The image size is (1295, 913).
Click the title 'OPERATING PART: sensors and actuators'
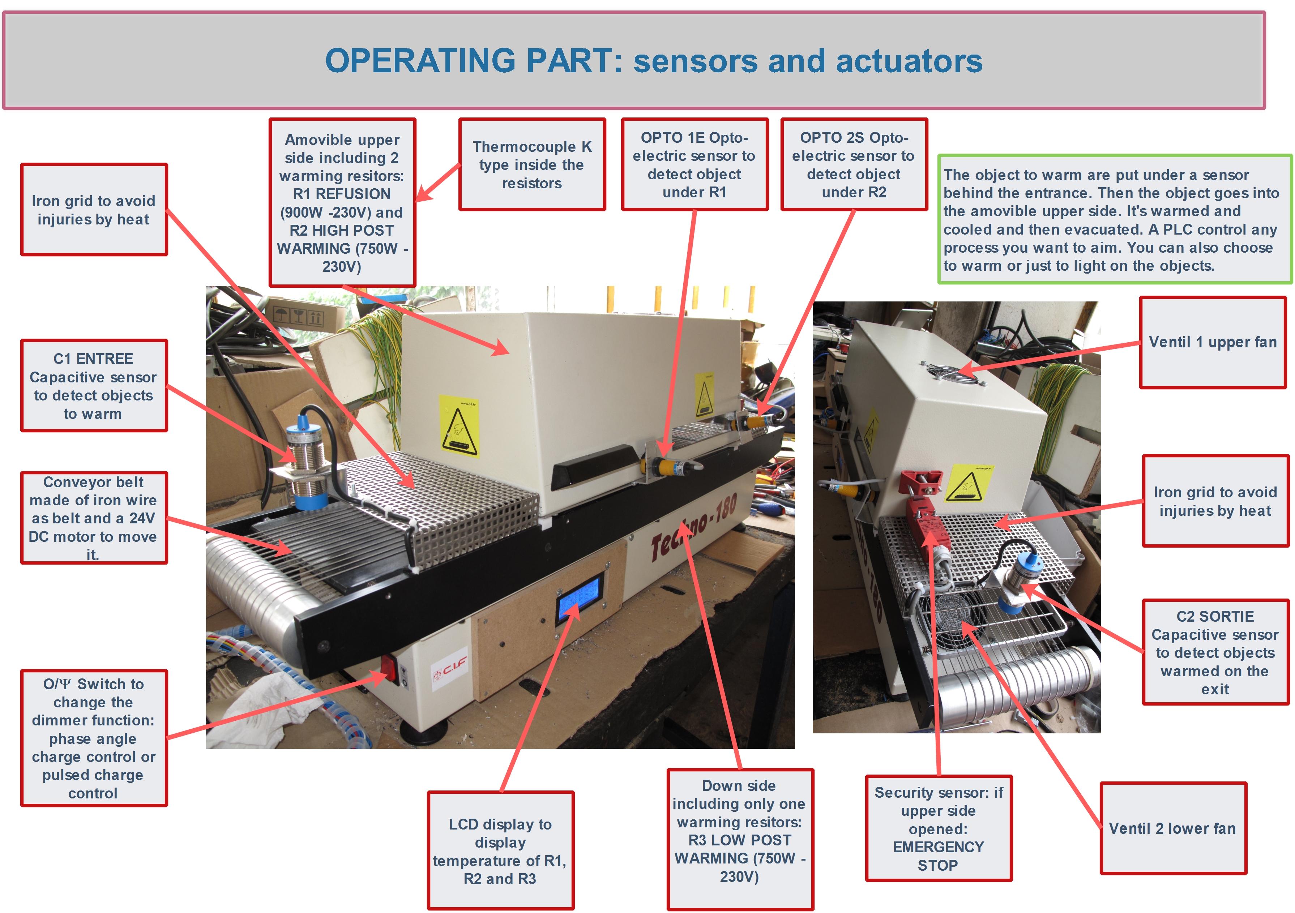click(x=653, y=61)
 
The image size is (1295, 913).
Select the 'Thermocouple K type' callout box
click(x=532, y=165)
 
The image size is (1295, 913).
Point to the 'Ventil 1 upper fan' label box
click(x=1213, y=342)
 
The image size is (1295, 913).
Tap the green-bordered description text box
click(x=1114, y=220)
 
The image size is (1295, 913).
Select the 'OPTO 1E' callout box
click(x=694, y=165)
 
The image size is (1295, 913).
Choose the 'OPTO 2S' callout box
click(x=854, y=165)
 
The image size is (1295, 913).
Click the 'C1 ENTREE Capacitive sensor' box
click(x=94, y=386)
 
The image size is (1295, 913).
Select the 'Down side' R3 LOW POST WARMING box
click(x=739, y=831)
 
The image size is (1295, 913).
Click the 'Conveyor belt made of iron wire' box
click(x=94, y=518)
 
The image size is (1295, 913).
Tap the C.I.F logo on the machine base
click(x=449, y=670)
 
